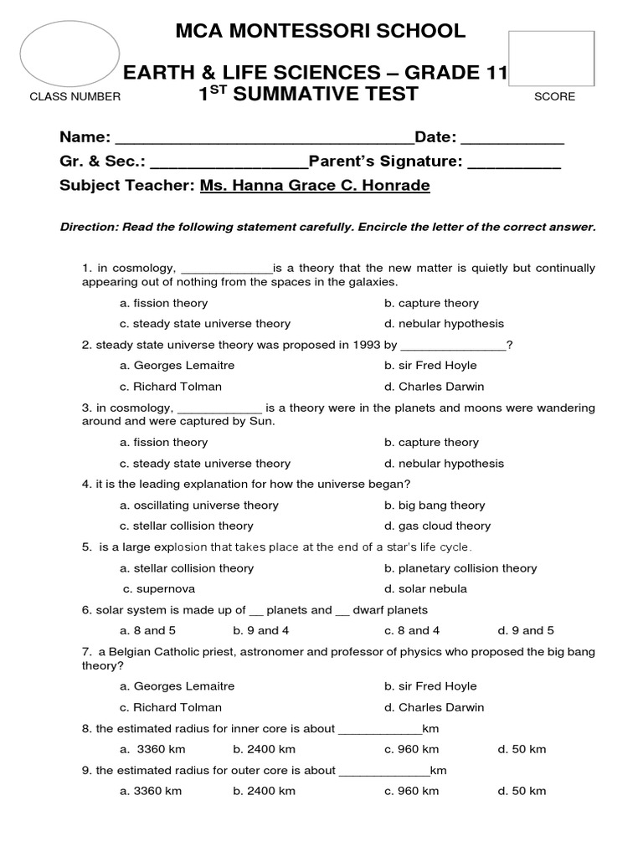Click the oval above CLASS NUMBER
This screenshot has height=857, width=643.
click(x=69, y=54)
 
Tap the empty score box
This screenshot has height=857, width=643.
click(x=551, y=59)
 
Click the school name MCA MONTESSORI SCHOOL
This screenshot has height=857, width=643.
click(x=321, y=32)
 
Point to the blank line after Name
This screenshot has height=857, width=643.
click(x=264, y=139)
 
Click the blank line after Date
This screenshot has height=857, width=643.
click(x=512, y=139)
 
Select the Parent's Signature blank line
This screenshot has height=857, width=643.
click(x=513, y=162)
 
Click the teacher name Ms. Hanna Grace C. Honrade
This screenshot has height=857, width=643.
click(x=315, y=185)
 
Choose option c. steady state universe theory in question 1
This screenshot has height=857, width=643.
click(x=205, y=324)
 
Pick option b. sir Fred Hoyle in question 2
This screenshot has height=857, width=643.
click(x=430, y=366)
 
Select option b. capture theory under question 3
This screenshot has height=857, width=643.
click(x=431, y=443)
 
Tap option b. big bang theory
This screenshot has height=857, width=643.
click(x=435, y=505)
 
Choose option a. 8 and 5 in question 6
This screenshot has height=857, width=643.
click(x=148, y=631)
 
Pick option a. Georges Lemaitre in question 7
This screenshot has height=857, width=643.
click(x=177, y=686)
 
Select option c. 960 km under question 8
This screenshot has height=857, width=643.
click(x=411, y=749)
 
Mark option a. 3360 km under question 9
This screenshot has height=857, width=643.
click(x=151, y=791)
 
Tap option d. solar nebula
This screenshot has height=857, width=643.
click(x=425, y=589)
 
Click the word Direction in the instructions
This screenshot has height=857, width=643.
click(x=89, y=228)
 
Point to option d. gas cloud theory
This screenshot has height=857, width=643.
click(x=437, y=526)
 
